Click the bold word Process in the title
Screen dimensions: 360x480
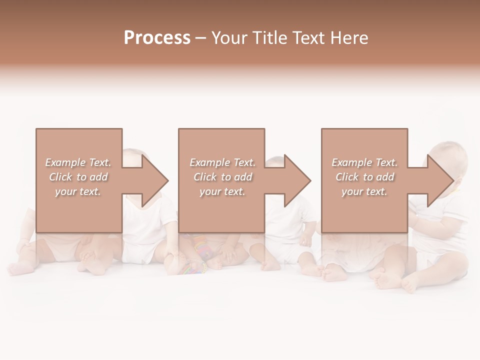click(157, 38)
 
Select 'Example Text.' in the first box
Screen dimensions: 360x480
click(78, 162)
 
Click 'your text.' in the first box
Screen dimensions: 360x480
click(78, 191)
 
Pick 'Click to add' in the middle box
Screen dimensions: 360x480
click(223, 177)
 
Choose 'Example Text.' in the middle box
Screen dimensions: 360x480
click(222, 162)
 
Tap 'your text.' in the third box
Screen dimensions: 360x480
click(364, 191)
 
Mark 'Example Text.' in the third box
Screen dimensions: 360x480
click(364, 162)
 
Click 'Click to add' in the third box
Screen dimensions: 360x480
click(365, 177)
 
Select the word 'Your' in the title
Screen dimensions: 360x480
click(229, 38)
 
